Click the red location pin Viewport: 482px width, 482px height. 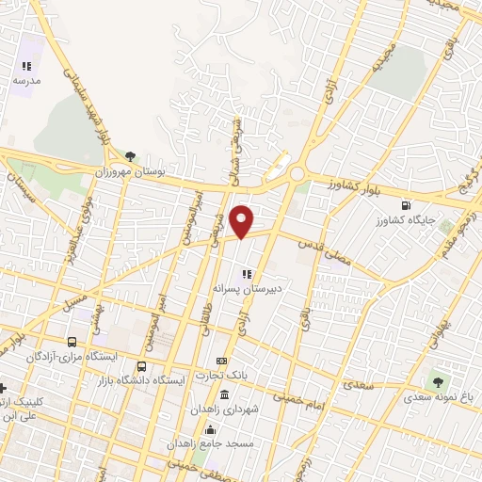[243, 220]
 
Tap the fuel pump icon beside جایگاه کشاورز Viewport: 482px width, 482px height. [406, 205]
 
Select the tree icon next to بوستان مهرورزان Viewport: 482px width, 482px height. [130, 157]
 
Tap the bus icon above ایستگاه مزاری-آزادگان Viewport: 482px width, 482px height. [72, 343]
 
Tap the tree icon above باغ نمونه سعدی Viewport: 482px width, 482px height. [436, 381]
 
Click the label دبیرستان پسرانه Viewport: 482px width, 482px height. [248, 288]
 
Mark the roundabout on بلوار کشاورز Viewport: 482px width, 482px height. [297, 174]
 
